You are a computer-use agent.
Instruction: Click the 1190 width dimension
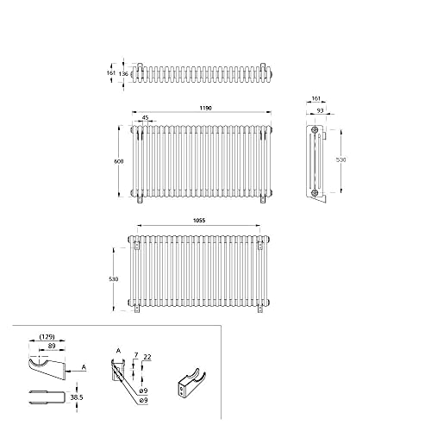(x=205, y=108)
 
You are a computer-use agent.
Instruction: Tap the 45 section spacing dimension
(x=146, y=117)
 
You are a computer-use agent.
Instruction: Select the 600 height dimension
(x=119, y=161)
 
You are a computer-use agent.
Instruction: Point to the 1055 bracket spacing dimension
(x=199, y=221)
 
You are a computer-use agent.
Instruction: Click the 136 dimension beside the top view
(x=123, y=74)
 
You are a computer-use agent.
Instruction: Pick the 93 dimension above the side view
(x=320, y=110)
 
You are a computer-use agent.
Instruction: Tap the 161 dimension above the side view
(x=315, y=98)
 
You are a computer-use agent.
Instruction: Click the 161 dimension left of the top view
(x=111, y=73)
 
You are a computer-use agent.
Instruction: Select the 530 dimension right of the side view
(x=341, y=160)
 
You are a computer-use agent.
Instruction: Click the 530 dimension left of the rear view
(x=114, y=279)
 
